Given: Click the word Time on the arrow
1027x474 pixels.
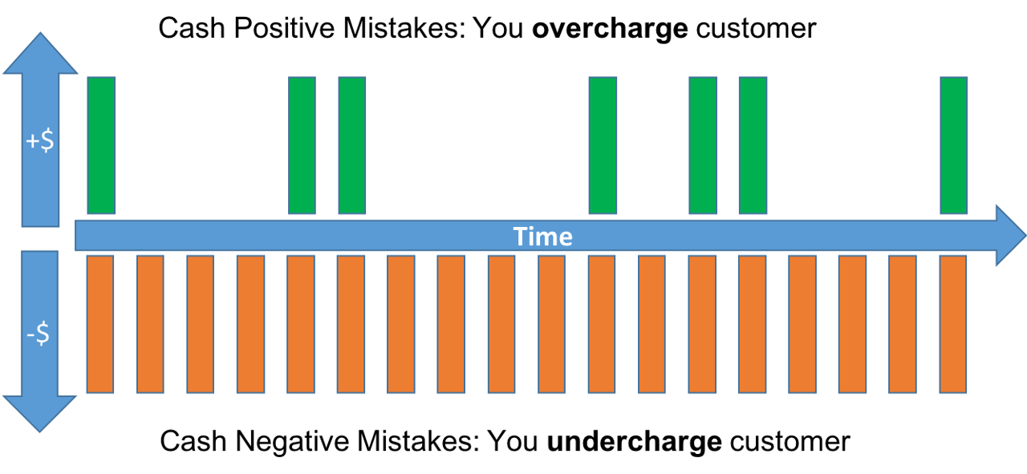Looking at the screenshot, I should [x=543, y=237].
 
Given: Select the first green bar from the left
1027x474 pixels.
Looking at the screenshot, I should [x=102, y=145].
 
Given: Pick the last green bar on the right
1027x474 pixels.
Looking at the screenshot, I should [x=954, y=145].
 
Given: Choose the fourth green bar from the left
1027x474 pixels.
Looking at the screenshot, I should [x=603, y=145].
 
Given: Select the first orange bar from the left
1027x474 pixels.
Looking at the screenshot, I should [x=100, y=324].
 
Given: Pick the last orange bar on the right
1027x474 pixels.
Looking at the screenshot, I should [x=953, y=324].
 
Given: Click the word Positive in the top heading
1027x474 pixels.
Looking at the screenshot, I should [x=272, y=29].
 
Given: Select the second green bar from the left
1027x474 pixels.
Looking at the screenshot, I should [x=302, y=145].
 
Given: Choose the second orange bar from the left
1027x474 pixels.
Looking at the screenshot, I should [x=150, y=324].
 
